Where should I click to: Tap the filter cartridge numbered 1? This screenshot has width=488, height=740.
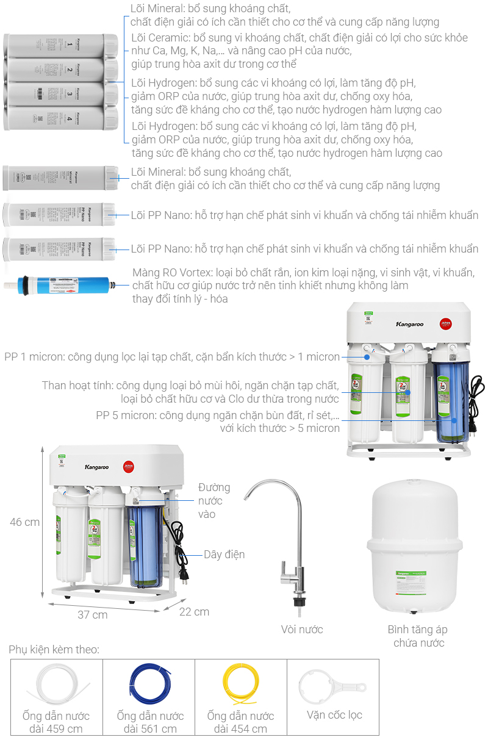coord(61,46)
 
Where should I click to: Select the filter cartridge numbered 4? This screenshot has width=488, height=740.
coord(61,118)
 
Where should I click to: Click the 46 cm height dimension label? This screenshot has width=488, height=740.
coord(24,522)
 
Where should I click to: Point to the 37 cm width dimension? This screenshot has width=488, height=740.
coord(92,614)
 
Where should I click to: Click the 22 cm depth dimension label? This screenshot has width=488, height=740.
coord(194,611)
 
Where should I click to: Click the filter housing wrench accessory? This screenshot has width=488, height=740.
coord(332,686)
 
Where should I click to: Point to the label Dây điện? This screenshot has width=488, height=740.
coord(224,554)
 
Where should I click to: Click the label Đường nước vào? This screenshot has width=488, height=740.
coord(214,501)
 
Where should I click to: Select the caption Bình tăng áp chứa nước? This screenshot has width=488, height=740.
coord(418,636)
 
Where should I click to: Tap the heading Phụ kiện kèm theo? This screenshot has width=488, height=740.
coord(54,650)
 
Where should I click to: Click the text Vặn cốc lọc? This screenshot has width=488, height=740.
coord(334,714)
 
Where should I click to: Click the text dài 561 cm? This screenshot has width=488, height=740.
coord(150,728)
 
